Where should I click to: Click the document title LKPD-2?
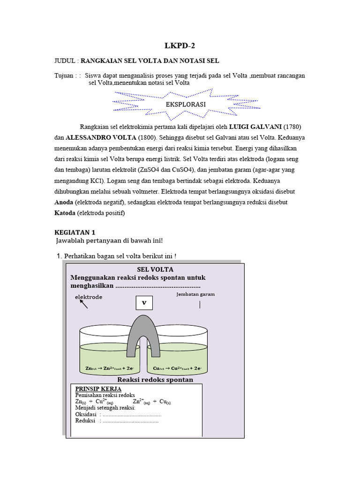(180, 45)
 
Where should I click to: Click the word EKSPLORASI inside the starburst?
(186, 104)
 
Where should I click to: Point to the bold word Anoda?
(64, 202)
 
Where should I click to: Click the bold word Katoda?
(65, 213)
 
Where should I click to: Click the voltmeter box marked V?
(144, 303)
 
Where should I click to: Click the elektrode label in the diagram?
(89, 297)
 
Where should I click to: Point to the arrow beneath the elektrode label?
(83, 304)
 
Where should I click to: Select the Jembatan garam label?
(195, 294)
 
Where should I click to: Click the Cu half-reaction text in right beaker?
(177, 368)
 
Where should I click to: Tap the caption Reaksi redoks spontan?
(155, 380)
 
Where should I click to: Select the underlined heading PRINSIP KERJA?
(98, 389)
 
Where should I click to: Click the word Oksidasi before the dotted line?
(86, 414)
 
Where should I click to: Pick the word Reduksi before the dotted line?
(85, 420)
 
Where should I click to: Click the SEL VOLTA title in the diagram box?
(155, 270)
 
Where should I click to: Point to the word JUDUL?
(65, 61)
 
